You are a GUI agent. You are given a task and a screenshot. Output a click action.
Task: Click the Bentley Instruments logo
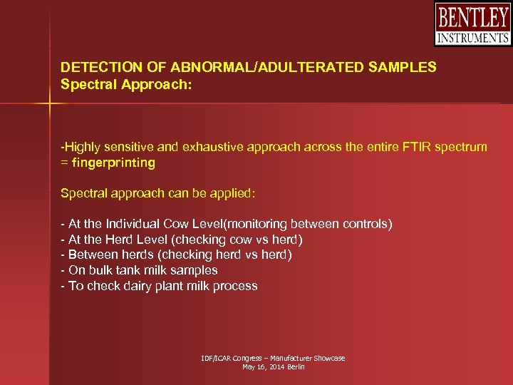[x=472, y=24]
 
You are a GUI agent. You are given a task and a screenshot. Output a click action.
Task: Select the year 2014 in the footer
[x=272, y=366]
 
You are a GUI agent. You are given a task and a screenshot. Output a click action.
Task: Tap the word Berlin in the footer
[x=294, y=366]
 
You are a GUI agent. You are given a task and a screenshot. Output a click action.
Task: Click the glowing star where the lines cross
[x=50, y=105]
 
